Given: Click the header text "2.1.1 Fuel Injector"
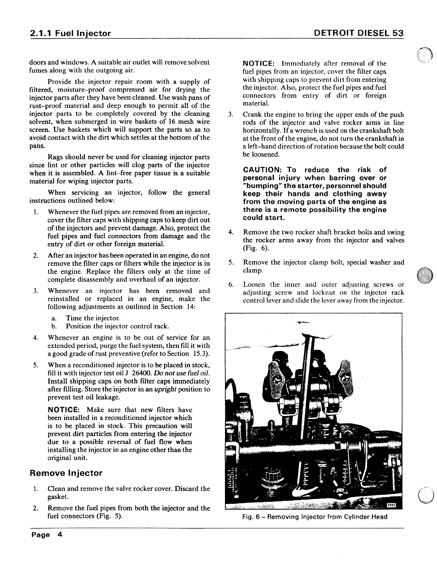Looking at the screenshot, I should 70,33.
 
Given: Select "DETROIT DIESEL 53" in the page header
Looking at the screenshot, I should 358,33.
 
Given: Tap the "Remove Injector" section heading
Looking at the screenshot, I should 66,473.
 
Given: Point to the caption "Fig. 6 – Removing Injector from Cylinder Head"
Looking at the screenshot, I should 314,517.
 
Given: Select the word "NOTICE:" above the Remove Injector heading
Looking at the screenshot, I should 66,410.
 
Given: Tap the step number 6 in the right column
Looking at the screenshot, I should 231,285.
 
